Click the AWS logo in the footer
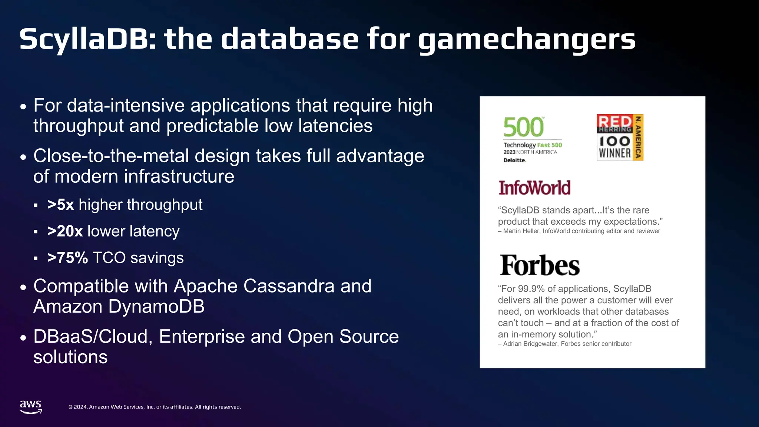pyautogui.click(x=31, y=407)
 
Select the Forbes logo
pyautogui.click(x=539, y=265)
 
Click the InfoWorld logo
pyautogui.click(x=534, y=188)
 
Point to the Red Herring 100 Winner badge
pyautogui.click(x=620, y=138)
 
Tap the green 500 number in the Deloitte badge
pyautogui.click(x=523, y=127)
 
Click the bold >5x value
pyautogui.click(x=61, y=205)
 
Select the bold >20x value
pyautogui.click(x=65, y=231)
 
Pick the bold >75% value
pyautogui.click(x=68, y=258)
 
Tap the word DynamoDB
pyautogui.click(x=156, y=307)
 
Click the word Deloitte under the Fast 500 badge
pyautogui.click(x=514, y=160)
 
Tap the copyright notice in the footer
pyautogui.click(x=155, y=407)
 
